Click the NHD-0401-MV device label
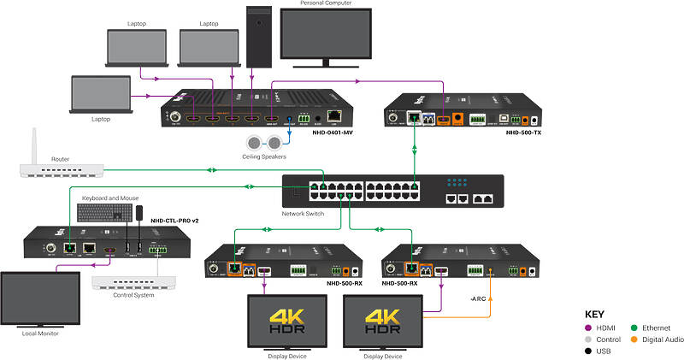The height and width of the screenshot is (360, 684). pos(333,133)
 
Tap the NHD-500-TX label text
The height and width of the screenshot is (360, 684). pos(523,133)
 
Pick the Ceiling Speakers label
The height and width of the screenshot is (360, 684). pos(263,156)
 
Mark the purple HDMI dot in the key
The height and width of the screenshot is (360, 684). pos(588,328)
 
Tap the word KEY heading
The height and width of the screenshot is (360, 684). pos(594,314)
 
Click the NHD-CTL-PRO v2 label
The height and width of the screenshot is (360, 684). pos(174,221)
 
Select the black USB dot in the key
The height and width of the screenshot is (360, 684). pos(588,351)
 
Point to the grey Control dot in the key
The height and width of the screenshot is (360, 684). pos(588,339)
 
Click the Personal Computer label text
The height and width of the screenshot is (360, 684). pos(326,3)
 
